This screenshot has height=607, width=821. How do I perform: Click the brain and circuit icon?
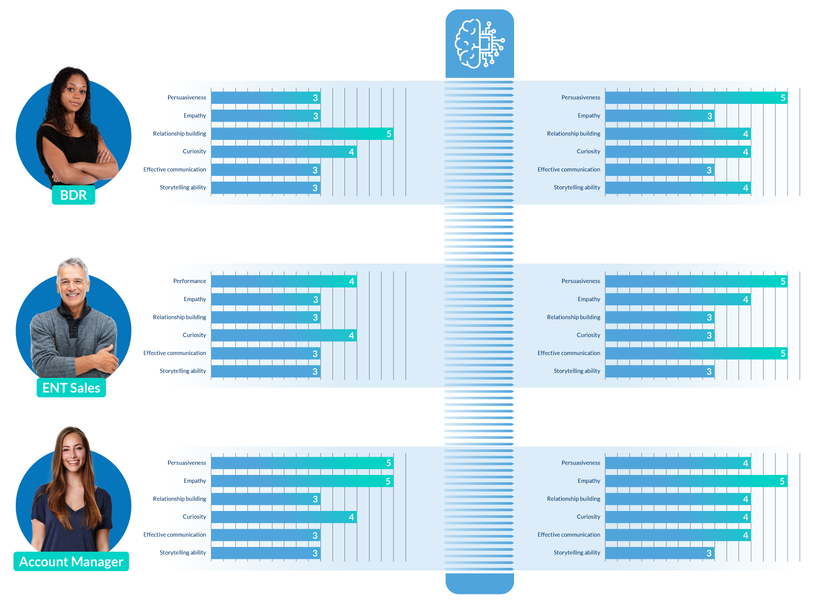coord(479,44)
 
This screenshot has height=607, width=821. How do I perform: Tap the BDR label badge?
coord(74,195)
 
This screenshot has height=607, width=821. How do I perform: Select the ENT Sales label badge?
coord(71,388)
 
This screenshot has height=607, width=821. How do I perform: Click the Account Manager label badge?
coord(71,562)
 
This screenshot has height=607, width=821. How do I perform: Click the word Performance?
coord(189,281)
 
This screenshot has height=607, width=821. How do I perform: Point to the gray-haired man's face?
coord(72,284)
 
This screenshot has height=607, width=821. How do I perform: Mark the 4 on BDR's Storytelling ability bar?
coord(745,188)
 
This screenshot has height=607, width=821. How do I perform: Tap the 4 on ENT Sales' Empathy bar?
coord(745,300)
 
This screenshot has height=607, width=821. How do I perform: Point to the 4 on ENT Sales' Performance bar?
coord(351,282)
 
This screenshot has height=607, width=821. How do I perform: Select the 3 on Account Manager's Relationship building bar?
coord(315,499)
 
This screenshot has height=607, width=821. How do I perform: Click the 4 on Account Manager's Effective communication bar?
coord(745,535)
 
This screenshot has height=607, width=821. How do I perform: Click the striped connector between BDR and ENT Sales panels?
coord(479,233)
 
